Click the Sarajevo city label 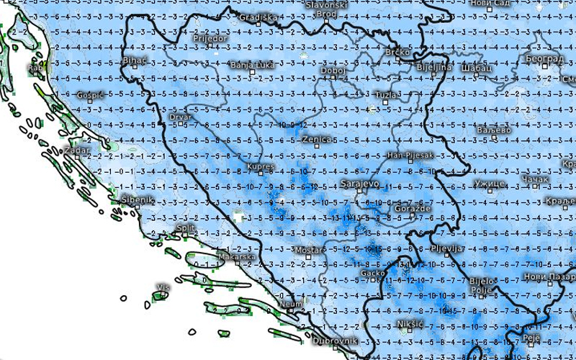point(359,184)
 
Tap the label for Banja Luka point(252,66)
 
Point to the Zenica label point(317,139)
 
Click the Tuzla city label point(387,94)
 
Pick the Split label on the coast point(186,228)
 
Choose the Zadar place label point(77,150)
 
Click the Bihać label point(135,60)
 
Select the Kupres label point(260,167)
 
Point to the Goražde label point(413,209)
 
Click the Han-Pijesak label point(410,155)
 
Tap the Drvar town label point(179,116)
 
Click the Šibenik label point(136,199)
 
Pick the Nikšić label point(410,323)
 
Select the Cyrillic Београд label point(544,58)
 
